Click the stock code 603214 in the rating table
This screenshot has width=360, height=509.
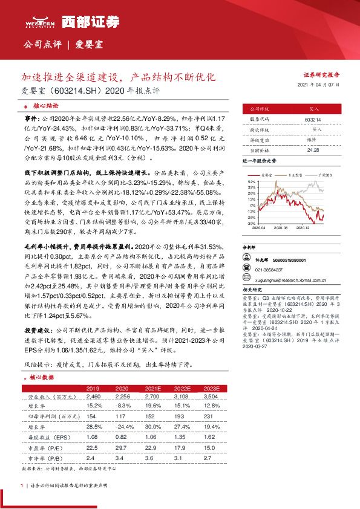tap(313, 121)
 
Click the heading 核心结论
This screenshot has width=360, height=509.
tap(43, 105)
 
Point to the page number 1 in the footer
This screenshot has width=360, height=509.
tap(22, 485)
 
